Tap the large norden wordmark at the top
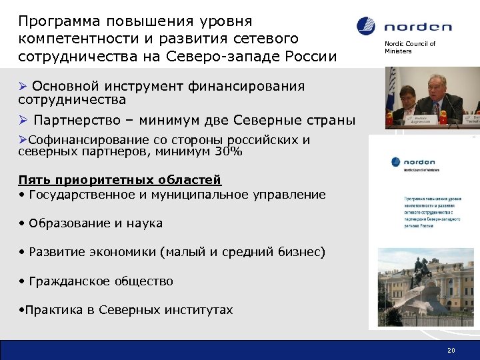point(417,27)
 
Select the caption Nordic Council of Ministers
point(409,47)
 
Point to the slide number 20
point(451,349)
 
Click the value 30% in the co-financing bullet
point(227,151)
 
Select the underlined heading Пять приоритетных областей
point(120,180)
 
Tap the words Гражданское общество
point(101,281)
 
